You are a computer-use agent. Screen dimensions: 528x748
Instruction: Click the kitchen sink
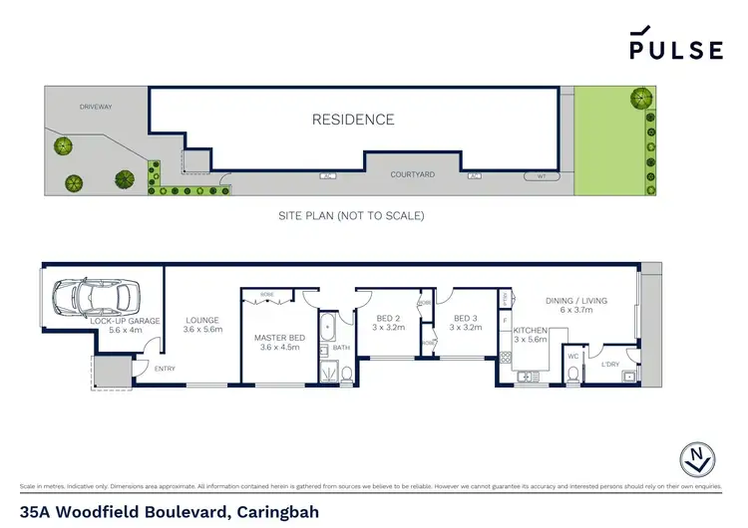click(528, 377)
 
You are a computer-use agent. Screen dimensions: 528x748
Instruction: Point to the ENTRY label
click(166, 370)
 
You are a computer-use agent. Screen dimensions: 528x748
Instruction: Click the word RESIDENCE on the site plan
click(353, 120)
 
